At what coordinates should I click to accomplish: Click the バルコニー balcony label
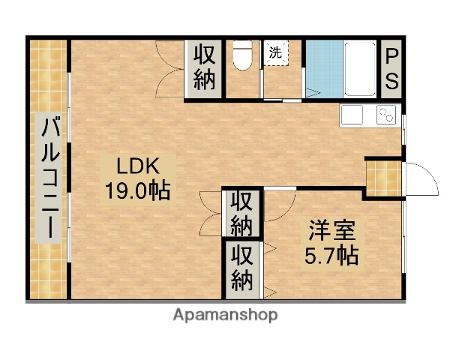coord(50,178)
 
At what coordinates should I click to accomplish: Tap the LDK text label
coord(136,164)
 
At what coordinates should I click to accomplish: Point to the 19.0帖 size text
coord(136,190)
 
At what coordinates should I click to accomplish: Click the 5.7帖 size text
coord(331,255)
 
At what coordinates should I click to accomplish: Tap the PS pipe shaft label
coord(391,67)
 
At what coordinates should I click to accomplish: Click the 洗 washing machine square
coord(275,53)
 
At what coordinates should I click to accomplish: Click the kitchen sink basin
coord(352,115)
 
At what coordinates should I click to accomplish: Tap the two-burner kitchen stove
coord(385,115)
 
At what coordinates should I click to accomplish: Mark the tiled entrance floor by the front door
coord(382,177)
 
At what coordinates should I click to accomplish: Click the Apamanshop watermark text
coord(225,315)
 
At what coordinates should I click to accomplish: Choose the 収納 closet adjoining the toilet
coord(205,67)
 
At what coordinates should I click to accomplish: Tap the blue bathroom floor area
coord(323,67)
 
